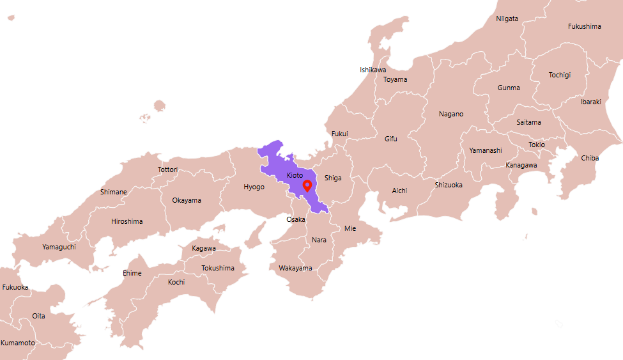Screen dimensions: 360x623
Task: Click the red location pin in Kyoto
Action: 307,186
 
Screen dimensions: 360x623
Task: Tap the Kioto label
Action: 295,175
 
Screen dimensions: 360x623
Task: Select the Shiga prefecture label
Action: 333,178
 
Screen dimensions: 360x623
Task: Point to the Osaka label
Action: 296,219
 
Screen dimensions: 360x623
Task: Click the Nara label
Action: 319,240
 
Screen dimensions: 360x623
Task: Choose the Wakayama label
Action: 295,268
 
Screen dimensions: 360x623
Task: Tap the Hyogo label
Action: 254,187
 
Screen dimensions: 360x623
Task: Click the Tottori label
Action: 167,169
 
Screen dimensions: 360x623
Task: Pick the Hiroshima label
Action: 127,221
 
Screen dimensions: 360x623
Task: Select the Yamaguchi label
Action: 59,247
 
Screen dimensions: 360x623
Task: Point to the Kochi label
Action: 176,282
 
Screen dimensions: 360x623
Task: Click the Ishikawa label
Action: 373,70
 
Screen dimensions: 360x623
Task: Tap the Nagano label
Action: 451,114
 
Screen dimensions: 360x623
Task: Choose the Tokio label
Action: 537,145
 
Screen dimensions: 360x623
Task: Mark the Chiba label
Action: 590,158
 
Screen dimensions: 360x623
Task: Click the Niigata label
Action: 507,19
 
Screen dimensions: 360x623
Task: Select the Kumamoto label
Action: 18,343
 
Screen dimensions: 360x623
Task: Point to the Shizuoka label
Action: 449,185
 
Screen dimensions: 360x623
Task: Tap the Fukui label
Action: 340,134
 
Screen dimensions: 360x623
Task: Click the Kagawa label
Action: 204,248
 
